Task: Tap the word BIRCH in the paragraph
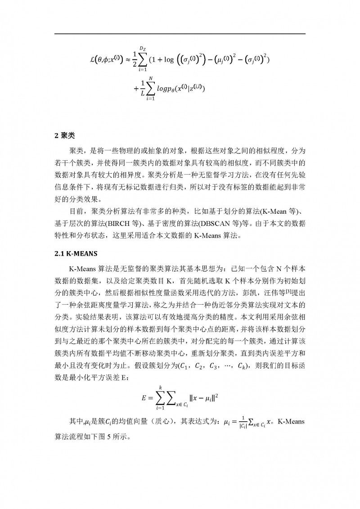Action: (x=121, y=224)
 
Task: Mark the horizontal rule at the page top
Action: (x=180, y=34)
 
